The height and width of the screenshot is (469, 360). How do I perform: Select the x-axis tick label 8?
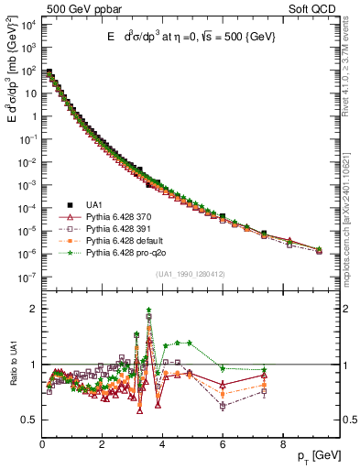coord(282,442)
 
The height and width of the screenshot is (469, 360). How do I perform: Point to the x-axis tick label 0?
coord(42,442)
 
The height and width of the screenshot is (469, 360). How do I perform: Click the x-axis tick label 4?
coord(162,442)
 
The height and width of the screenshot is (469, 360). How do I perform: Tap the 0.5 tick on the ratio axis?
coord(29,420)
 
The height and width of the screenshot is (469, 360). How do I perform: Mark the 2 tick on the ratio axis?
coord(34,309)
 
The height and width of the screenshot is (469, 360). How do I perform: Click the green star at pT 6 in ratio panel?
coord(223,368)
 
